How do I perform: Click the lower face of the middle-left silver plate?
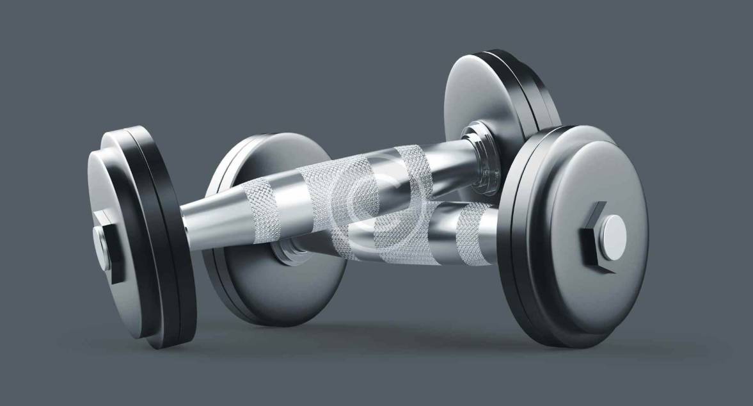click(281, 288)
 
